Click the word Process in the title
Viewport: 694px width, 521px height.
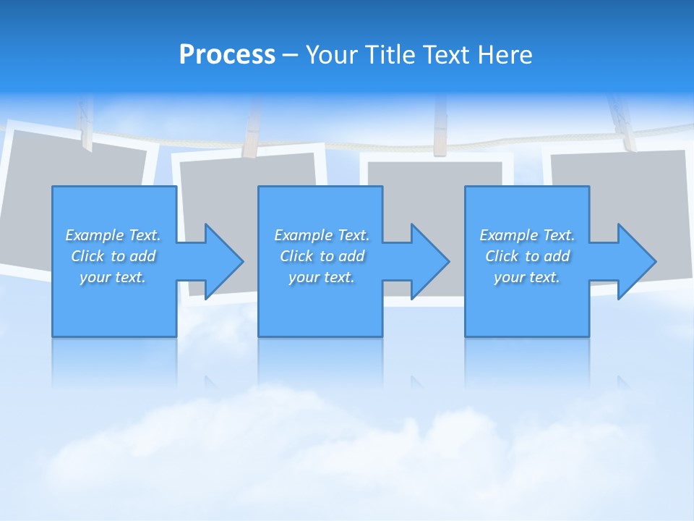pyautogui.click(x=227, y=55)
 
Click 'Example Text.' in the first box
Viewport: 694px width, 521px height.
pyautogui.click(x=113, y=235)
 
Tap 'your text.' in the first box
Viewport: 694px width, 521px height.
pyautogui.click(x=113, y=277)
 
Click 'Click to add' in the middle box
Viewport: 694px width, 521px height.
pyautogui.click(x=322, y=256)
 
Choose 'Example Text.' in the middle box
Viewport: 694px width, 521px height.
pyautogui.click(x=322, y=235)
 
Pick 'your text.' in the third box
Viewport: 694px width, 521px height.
pyautogui.click(x=527, y=277)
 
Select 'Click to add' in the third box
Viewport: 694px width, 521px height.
pyautogui.click(x=527, y=256)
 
